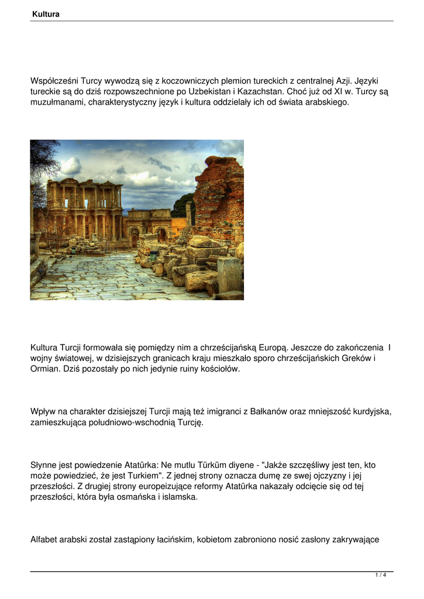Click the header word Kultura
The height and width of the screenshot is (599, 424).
(46, 14)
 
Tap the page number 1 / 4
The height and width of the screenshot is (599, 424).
(381, 576)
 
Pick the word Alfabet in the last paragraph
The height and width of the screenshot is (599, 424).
(45, 540)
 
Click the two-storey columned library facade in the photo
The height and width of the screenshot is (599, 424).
(85, 208)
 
